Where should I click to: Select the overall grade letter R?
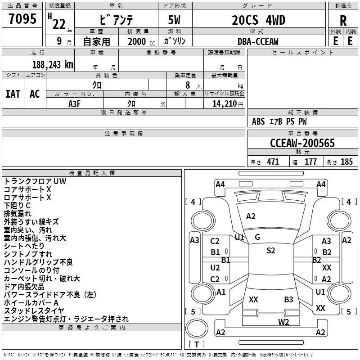tap(343, 21)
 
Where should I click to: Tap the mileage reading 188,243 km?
tap(53, 64)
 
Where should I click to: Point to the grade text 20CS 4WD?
tap(258, 20)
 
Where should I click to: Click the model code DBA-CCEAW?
tap(258, 41)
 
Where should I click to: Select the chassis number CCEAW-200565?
tap(302, 143)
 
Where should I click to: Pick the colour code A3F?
tap(75, 103)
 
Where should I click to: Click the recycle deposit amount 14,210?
tap(221, 103)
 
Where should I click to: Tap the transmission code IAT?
tap(13, 94)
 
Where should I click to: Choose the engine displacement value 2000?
tap(137, 41)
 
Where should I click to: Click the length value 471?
tap(273, 162)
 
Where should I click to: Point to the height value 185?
tap(346, 162)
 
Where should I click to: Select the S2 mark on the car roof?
tap(270, 251)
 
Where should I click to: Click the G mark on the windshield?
tap(257, 237)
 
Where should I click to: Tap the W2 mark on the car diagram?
tap(283, 321)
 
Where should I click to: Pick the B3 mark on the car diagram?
tap(288, 299)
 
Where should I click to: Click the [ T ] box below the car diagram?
tap(197, 345)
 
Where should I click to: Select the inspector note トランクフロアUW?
tap(35, 181)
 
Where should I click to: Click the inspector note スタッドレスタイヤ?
tap(34, 310)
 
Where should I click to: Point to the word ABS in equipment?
tap(258, 121)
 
